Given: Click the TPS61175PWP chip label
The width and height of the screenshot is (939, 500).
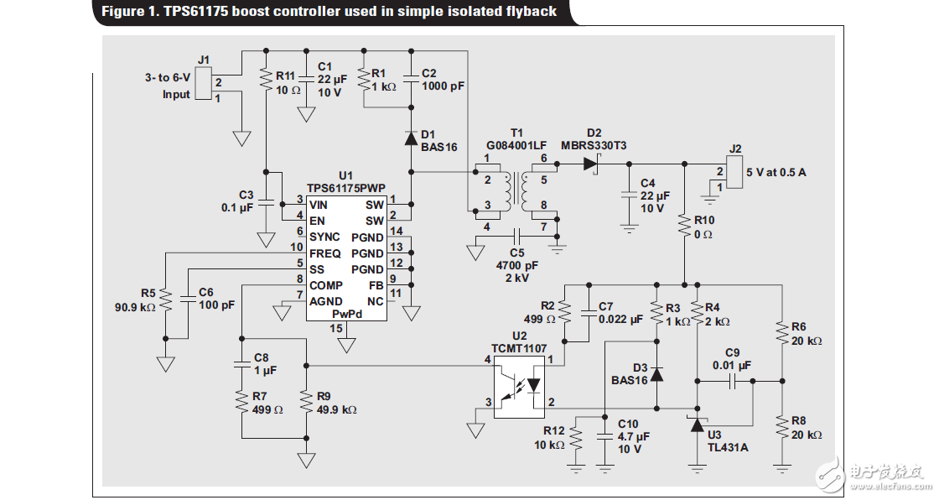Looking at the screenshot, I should click(x=345, y=189).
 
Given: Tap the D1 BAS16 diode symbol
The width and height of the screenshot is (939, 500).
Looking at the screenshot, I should click(x=411, y=138).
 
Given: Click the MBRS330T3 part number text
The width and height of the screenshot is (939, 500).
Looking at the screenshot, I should click(x=594, y=145).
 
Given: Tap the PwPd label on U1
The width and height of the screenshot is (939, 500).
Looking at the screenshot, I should click(x=346, y=313).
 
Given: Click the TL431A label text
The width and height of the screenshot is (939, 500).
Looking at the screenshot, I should click(x=728, y=447).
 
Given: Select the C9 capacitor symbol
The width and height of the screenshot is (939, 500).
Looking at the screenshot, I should click(x=732, y=381).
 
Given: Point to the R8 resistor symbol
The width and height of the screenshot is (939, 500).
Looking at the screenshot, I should click(x=781, y=428).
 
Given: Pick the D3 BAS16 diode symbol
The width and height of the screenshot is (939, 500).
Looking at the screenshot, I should click(x=656, y=374).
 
